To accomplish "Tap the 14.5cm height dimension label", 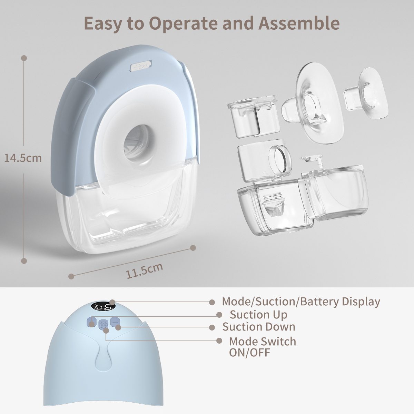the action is pos(23,158).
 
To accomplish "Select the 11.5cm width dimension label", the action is pos(144,270).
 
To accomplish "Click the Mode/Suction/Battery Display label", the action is pos(301,302).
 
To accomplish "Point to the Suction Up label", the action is pos(258,315).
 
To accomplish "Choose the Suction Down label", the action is pos(259,327).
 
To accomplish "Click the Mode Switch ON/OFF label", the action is pos(263,346).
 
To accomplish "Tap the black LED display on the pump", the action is pos(103,307).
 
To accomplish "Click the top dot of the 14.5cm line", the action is pos(24,58).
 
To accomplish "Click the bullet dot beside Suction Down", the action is pos(212,327).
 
